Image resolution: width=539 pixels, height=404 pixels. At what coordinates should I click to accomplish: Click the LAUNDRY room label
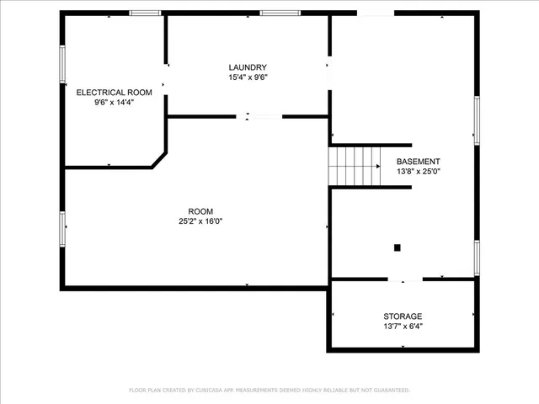(x=248, y=67)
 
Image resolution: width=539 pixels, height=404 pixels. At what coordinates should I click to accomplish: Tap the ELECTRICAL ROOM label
(x=114, y=92)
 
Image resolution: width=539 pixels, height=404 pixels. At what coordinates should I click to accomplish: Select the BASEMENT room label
(x=418, y=162)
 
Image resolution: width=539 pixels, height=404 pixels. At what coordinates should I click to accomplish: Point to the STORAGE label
(x=403, y=316)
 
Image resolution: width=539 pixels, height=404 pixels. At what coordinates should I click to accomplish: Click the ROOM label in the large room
(x=200, y=211)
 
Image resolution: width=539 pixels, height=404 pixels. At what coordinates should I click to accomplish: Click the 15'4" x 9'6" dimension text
(x=248, y=78)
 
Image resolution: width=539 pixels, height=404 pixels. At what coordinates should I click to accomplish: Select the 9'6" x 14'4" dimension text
(x=114, y=103)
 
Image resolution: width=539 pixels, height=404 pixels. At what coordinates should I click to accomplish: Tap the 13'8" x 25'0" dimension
(x=419, y=172)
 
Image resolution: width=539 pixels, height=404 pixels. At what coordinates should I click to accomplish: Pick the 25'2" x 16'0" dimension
(x=200, y=221)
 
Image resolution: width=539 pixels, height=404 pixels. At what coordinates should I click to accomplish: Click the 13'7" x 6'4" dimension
(x=403, y=327)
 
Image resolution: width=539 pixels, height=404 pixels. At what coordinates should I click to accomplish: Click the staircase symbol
(x=355, y=166)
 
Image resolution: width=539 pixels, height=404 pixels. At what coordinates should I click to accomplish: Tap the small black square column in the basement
(x=398, y=247)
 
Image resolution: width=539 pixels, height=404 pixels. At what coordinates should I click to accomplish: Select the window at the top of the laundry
(x=280, y=13)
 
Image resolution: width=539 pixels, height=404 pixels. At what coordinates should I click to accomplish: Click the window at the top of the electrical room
(x=146, y=13)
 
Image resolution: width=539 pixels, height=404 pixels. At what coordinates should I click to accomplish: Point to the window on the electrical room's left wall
(x=62, y=63)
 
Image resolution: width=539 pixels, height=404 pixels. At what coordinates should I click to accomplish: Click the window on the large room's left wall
(x=62, y=228)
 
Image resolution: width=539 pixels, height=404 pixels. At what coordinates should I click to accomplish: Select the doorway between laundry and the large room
(x=258, y=116)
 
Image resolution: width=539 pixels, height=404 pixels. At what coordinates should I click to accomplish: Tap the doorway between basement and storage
(x=405, y=279)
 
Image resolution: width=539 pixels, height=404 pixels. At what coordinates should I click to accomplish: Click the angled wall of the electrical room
(x=158, y=159)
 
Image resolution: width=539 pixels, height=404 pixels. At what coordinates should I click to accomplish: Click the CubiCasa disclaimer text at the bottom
(x=269, y=391)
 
